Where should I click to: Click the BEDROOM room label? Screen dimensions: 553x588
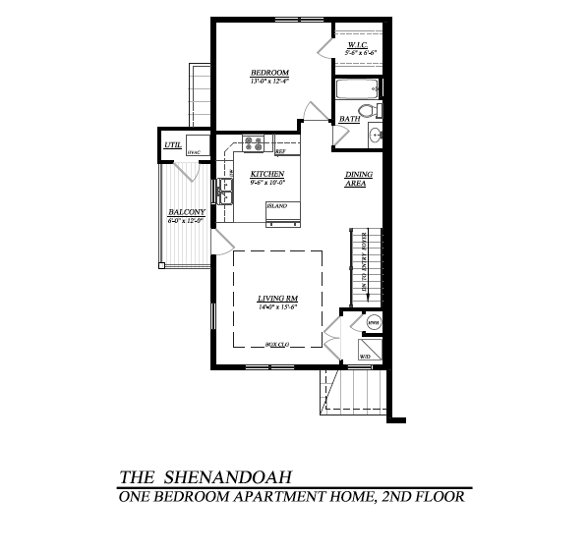[268, 74]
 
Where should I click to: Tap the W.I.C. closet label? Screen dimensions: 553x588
[356, 46]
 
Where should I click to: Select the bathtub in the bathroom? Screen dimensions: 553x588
[352, 90]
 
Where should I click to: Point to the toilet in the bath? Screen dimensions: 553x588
[366, 110]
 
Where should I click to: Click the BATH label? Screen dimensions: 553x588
[349, 120]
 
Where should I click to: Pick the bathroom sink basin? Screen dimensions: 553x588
[376, 136]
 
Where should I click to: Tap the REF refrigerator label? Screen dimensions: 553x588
[280, 152]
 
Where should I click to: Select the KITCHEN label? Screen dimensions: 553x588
[267, 174]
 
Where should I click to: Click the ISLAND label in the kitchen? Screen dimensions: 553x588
[276, 205]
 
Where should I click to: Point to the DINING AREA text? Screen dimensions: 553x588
[356, 179]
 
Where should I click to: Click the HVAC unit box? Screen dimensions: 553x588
[193, 152]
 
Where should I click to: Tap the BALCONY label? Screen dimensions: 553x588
[185, 213]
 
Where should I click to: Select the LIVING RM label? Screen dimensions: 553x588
[277, 298]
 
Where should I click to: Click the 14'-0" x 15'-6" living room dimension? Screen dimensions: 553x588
[277, 307]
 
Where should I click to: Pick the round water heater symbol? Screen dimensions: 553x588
[373, 322]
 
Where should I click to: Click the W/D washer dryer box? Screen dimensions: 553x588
[365, 356]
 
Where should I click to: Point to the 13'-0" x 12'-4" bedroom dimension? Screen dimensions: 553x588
[268, 83]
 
